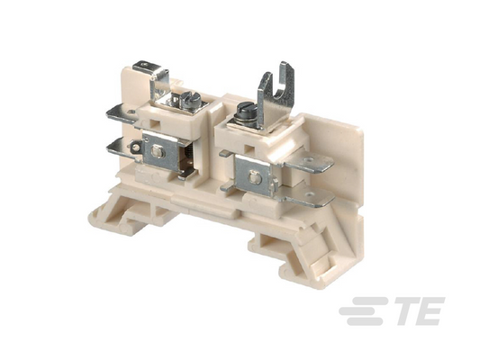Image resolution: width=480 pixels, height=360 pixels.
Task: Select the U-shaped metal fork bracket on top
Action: pyautogui.click(x=276, y=92)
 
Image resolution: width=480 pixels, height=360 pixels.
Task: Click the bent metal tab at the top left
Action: pyautogui.click(x=152, y=76)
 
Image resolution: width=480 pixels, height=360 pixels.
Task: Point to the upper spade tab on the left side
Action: pyautogui.click(x=122, y=113)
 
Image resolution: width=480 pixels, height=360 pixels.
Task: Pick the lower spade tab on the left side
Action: pyautogui.click(x=122, y=148)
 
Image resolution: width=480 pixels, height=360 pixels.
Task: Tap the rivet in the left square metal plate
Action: pyautogui.click(x=157, y=151)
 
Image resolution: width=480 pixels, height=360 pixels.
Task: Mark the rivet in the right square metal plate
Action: pyautogui.click(x=253, y=177)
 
